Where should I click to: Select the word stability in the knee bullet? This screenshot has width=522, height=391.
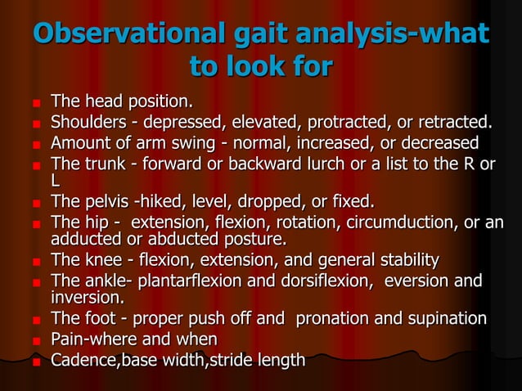403,261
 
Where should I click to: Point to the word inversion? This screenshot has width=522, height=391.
87,298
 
